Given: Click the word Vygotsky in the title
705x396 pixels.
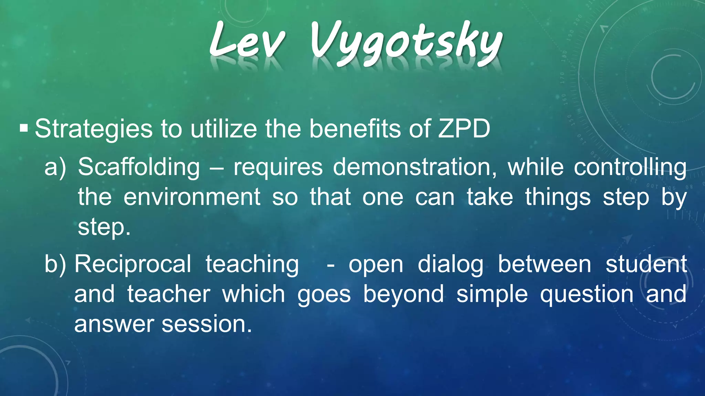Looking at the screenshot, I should click(x=406, y=43).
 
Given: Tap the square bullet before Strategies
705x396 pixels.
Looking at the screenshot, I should click(x=24, y=129).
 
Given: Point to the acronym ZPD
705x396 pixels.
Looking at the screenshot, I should click(x=464, y=129).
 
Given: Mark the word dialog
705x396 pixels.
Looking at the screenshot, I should click(x=451, y=265).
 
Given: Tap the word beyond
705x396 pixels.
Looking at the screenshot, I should click(x=403, y=295).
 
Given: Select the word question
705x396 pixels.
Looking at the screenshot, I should click(x=587, y=295).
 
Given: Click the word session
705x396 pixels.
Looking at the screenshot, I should click(x=207, y=324).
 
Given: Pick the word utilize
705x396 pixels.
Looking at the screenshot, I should click(x=223, y=129).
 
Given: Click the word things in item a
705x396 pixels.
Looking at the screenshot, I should click(x=558, y=198).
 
